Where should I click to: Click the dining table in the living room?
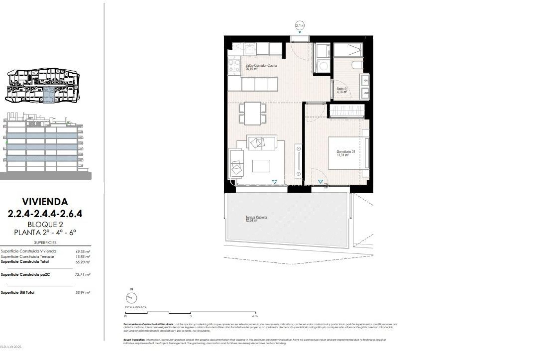[x=253, y=113]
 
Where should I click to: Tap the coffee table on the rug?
[x=261, y=166]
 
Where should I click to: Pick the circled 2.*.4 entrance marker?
[x=300, y=26]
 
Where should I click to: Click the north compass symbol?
[x=132, y=298]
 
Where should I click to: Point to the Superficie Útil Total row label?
[x=18, y=292]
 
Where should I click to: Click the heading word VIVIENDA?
[x=45, y=202]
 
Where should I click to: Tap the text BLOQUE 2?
[x=45, y=224]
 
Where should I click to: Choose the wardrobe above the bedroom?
[x=347, y=111]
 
